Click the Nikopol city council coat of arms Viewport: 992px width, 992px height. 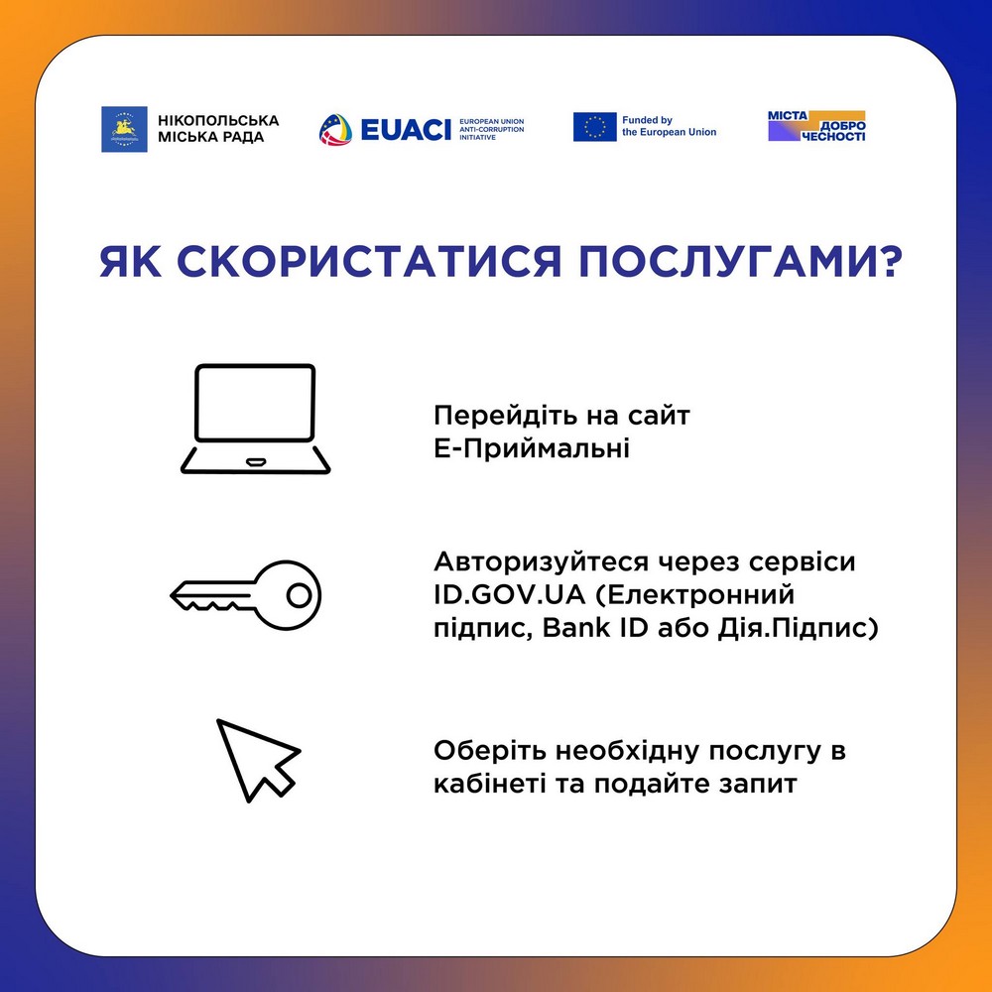tap(124, 129)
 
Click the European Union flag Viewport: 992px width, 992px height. tap(594, 127)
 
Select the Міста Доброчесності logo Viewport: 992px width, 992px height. tap(816, 126)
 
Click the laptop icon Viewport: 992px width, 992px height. tap(255, 418)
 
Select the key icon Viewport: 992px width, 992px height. tap(246, 595)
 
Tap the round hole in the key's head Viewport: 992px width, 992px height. tap(298, 595)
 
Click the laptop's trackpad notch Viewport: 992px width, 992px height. tap(255, 460)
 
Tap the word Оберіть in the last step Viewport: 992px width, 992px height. tap(478, 750)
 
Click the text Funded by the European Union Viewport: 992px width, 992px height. tap(669, 126)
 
